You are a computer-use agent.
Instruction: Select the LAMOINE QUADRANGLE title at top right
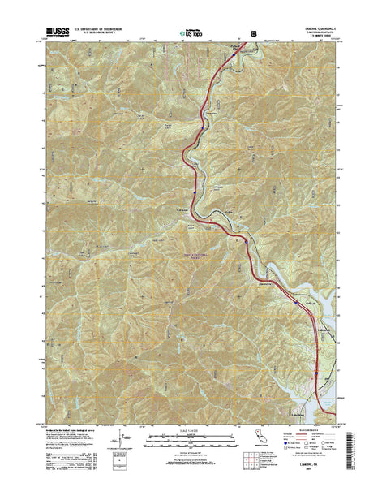point(311,28)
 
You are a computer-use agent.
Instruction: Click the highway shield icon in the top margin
point(255,33)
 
